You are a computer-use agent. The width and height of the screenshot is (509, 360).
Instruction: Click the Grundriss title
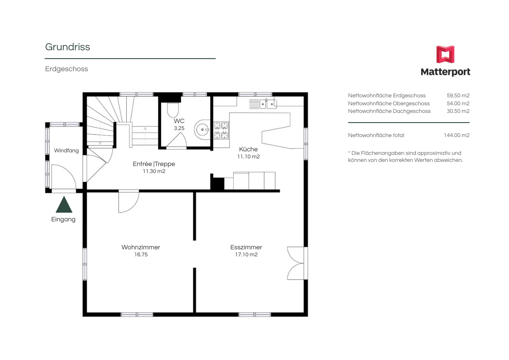point(67,47)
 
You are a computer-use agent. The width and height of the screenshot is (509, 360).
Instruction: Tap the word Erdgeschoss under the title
point(66,69)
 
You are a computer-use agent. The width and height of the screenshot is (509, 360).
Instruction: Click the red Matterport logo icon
point(445,54)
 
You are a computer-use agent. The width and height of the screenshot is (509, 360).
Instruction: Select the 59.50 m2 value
point(458,95)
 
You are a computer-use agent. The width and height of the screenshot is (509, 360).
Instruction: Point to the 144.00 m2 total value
point(457,135)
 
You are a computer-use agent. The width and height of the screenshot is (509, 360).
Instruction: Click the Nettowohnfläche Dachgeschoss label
point(389,111)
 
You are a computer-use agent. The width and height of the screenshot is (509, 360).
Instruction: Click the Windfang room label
point(66,150)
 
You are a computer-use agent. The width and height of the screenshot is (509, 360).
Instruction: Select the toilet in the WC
point(173,110)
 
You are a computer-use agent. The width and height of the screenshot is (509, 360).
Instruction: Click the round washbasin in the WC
point(202,129)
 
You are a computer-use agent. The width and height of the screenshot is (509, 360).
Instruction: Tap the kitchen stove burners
point(221,130)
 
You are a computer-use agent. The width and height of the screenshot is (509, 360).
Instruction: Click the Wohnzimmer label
point(141,247)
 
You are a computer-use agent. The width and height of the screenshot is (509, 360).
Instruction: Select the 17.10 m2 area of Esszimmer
point(246,254)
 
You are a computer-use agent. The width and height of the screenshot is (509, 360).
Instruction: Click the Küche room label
point(248,149)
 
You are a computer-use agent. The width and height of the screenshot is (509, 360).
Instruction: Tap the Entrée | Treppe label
point(154,164)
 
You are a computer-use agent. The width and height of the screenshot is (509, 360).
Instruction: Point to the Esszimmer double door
point(296,263)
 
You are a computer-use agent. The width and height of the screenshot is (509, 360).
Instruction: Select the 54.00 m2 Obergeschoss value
point(458,103)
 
